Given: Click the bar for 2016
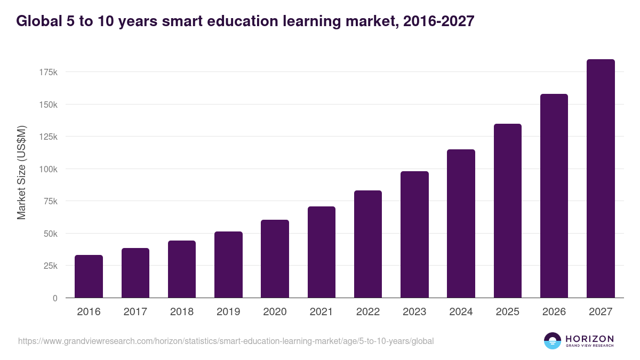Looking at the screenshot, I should (89, 276).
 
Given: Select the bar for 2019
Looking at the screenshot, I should (228, 265).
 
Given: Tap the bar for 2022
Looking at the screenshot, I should (368, 244).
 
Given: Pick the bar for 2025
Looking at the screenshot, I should (508, 211).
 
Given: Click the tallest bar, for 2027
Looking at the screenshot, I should (601, 179).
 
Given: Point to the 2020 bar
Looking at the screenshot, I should (275, 259).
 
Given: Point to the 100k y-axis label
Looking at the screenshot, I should (48, 169).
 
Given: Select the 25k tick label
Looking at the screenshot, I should (50, 266).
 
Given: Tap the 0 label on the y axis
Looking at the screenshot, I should (55, 298).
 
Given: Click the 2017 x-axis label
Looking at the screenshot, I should (135, 312).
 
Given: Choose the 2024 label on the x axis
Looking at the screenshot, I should (461, 312).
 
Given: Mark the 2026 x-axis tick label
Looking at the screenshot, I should (554, 312).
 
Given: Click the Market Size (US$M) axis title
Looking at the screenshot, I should (21, 172).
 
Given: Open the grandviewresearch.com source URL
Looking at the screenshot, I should (226, 341).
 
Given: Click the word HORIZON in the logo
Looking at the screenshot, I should (589, 338).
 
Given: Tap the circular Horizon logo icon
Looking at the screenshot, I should (553, 341).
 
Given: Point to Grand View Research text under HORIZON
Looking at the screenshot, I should (589, 346).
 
